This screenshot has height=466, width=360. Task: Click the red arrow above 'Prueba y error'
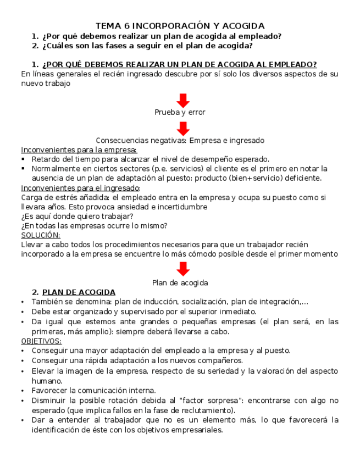point(183,101)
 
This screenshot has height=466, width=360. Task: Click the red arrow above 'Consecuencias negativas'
point(183,128)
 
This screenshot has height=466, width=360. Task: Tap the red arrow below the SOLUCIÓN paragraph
point(183,269)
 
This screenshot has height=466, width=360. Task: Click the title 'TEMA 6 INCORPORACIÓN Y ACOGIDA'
point(180,26)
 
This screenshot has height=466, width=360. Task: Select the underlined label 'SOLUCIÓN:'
point(41,235)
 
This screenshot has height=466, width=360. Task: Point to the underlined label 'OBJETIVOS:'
point(41,341)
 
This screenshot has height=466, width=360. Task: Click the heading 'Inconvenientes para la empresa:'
point(79,149)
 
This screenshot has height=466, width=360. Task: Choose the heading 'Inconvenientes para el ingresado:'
point(80,187)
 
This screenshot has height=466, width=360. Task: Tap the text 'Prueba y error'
point(180,112)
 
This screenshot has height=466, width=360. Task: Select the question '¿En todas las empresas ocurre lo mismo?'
point(94,225)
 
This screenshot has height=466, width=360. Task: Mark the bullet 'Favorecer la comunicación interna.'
point(93,390)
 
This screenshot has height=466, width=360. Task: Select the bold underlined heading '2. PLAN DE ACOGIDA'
point(74,292)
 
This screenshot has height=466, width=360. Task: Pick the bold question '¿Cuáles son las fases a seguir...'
point(142,46)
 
